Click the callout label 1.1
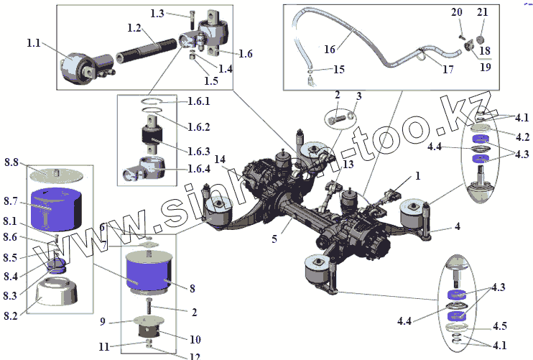point(33,43)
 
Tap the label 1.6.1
point(199,101)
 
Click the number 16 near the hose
point(330,50)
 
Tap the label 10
point(195,338)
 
